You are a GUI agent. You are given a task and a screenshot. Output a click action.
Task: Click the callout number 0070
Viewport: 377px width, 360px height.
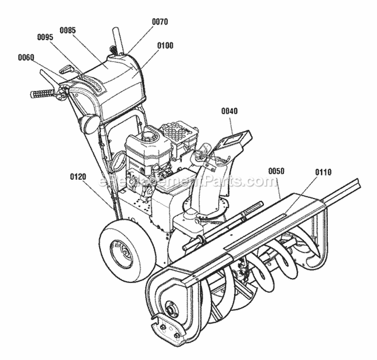click(x=160, y=22)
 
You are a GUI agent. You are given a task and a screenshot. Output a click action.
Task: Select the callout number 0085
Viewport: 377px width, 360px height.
click(x=67, y=30)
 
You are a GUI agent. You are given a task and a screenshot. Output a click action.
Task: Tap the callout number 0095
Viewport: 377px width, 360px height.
click(x=45, y=37)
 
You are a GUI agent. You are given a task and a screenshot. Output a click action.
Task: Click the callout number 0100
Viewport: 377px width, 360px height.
click(x=165, y=46)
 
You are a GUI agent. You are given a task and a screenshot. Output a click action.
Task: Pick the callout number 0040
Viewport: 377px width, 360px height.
click(x=229, y=111)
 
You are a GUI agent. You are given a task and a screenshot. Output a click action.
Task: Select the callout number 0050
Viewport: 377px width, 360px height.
click(x=276, y=171)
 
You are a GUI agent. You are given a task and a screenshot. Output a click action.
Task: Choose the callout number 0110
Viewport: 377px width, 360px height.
click(x=323, y=172)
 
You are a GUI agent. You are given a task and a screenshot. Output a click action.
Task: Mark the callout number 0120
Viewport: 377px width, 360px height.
click(x=78, y=177)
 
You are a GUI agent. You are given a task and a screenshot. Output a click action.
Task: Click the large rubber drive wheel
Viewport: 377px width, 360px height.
click(x=121, y=250)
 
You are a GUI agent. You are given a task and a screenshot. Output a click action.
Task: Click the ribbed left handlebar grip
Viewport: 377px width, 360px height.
click(x=44, y=93)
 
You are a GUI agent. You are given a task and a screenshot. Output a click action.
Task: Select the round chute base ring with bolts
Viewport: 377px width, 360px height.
click(x=206, y=211)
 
